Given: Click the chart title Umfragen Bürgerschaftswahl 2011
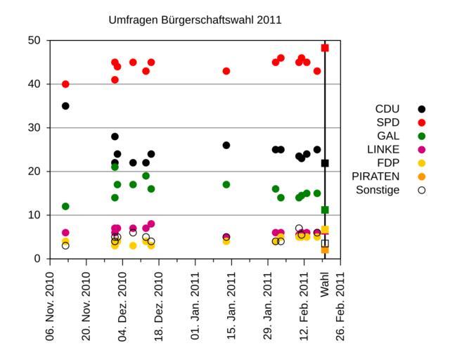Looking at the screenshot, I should [195, 20].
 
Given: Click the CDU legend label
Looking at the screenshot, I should [387, 109].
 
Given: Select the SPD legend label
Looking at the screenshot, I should [388, 122].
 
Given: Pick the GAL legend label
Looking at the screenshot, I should [388, 136].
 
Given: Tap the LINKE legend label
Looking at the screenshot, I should [383, 149].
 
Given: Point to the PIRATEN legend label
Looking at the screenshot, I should [378, 176].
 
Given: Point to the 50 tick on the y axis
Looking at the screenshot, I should [34, 41].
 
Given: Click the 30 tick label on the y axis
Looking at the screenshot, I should [34, 128].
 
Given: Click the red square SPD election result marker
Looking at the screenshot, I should [325, 48].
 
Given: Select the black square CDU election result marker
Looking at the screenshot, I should [325, 163].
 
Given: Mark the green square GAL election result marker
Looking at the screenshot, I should [325, 210].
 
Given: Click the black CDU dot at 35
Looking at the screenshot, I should [65, 106].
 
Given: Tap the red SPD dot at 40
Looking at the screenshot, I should [65, 84].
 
